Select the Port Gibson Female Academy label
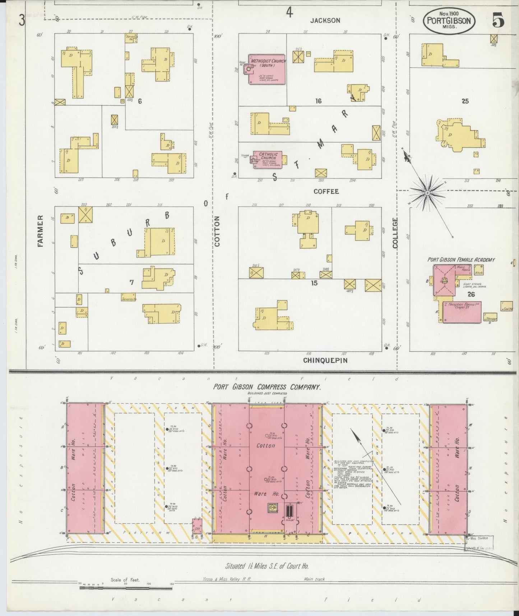coord(461,259)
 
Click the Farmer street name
coord(40,231)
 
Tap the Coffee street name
coord(326,191)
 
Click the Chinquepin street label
coord(325,360)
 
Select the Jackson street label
coord(325,20)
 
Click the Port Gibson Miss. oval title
coord(449,21)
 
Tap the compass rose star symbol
coord(427,193)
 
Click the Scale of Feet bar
coord(126,588)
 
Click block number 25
coord(465,101)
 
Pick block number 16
coord(318,101)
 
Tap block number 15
coord(314,283)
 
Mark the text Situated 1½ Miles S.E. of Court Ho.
coord(267,566)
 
